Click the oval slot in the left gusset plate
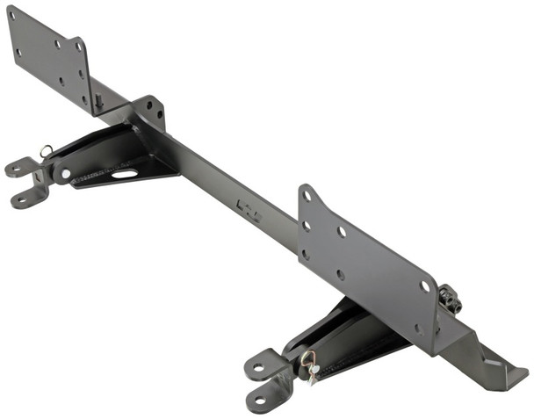pos(124,174)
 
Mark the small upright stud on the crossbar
pos(98,100)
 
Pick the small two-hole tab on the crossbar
pos(150,110)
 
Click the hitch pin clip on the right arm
pos(309,360)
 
